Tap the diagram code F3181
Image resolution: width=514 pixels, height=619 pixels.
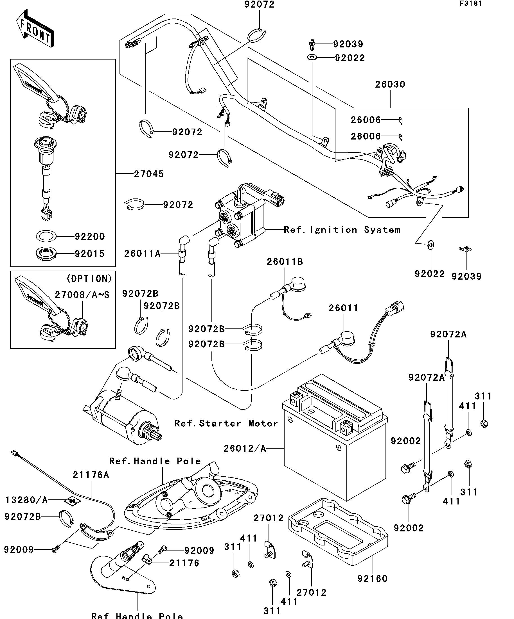[470, 4]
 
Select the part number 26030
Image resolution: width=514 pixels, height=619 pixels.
[390, 84]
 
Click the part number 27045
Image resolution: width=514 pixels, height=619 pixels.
[149, 174]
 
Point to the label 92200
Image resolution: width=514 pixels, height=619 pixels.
[89, 236]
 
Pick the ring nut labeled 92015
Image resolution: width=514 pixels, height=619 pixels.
[46, 253]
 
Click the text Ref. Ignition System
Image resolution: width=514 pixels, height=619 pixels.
[342, 230]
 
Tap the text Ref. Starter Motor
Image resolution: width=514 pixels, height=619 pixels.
[226, 424]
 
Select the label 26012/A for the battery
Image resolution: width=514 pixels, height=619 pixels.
[245, 448]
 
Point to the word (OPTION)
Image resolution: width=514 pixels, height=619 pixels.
[89, 278]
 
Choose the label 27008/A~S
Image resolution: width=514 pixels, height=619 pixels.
[82, 295]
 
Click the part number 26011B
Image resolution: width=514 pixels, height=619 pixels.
[285, 262]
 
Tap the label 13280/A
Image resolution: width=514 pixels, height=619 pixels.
[26, 500]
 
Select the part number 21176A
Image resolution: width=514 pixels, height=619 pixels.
[91, 475]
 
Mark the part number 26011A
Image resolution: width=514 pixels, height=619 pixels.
[142, 253]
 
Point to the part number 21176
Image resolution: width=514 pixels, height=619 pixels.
[184, 563]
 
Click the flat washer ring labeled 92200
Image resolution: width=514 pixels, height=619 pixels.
[46, 236]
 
